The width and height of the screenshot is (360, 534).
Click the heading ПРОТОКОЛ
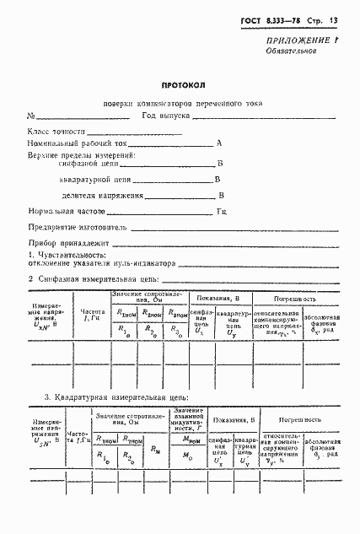(x=180, y=85)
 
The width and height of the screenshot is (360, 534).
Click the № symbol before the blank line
(x=31, y=116)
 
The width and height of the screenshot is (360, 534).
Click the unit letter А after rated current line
(x=218, y=144)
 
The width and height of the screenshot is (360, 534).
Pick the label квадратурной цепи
(x=93, y=181)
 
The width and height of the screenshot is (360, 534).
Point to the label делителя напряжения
(x=97, y=196)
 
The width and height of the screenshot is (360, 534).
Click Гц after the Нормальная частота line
(x=222, y=212)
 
